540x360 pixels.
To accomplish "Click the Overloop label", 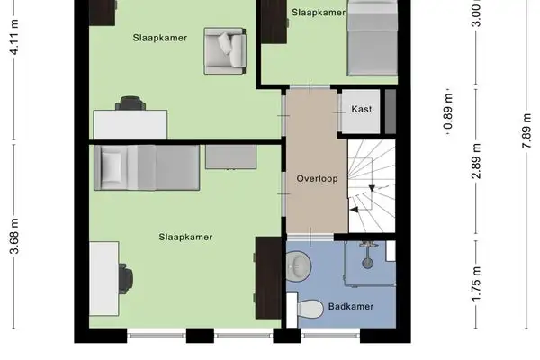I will (x=317, y=178).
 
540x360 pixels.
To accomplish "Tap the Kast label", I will (x=363, y=109).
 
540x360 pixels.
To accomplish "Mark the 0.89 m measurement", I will (x=447, y=115).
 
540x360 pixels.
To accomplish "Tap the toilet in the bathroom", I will (x=309, y=309).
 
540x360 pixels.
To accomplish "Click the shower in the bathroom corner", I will (x=369, y=258).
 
